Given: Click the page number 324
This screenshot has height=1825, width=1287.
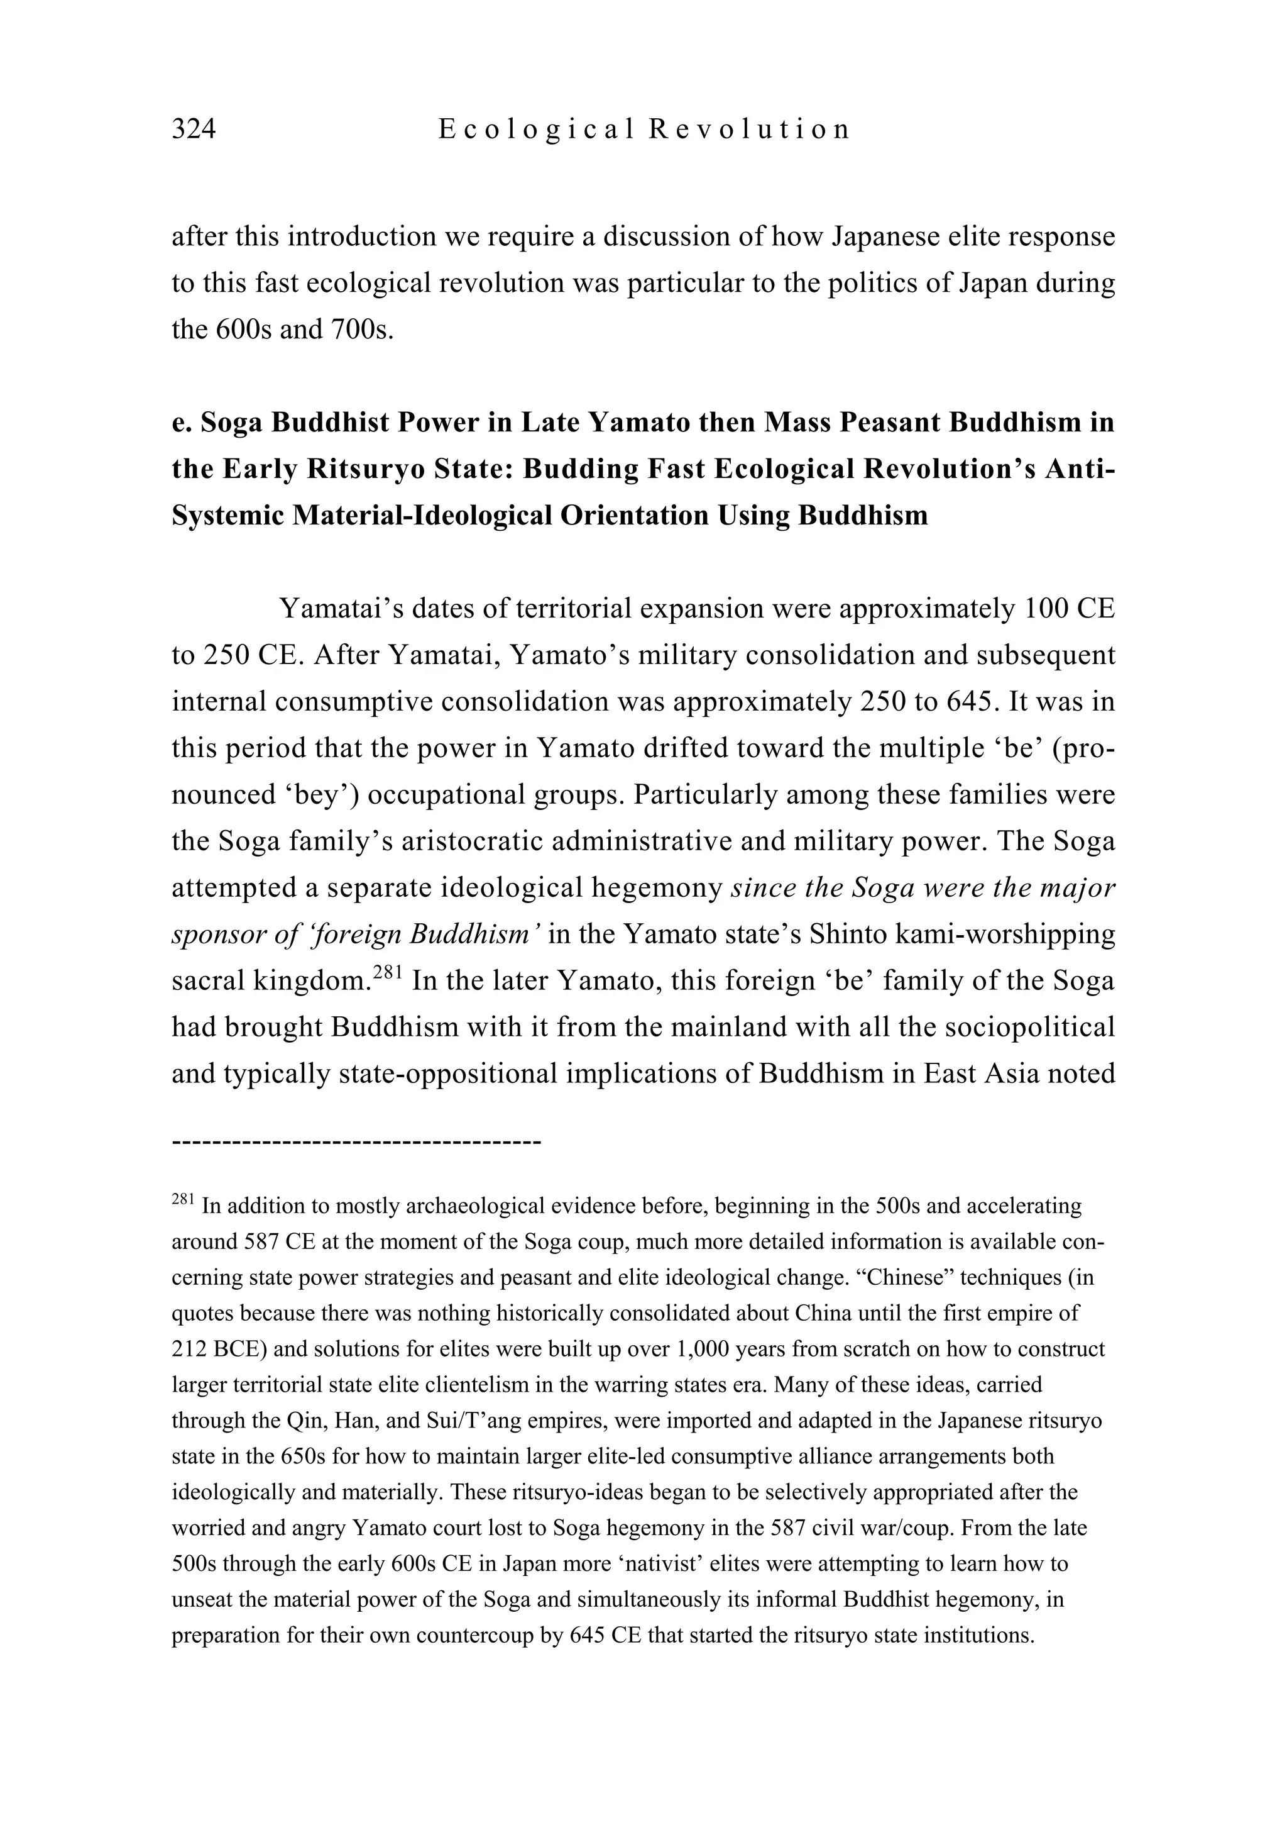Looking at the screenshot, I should pyautogui.click(x=194, y=129).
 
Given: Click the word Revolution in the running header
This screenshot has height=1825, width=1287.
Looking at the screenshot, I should pyautogui.click(x=749, y=129).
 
